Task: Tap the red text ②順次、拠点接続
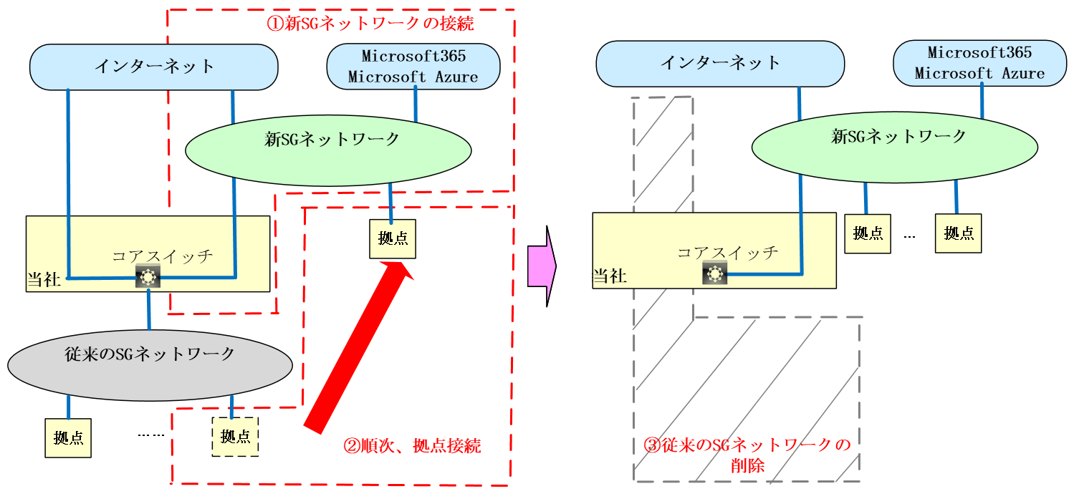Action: (412, 446)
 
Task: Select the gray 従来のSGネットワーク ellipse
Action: (150, 364)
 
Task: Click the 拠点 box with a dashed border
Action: (235, 436)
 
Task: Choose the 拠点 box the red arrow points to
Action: (392, 238)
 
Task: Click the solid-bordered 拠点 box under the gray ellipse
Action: (69, 437)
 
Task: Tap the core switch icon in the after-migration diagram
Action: (714, 272)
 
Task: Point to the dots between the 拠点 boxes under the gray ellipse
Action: (151, 435)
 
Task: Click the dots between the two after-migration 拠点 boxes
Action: (910, 235)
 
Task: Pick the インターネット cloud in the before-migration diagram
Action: (153, 67)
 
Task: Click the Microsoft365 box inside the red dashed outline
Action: (413, 66)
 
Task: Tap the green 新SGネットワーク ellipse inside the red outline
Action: (328, 149)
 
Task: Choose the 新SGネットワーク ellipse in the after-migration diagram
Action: (895, 147)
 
